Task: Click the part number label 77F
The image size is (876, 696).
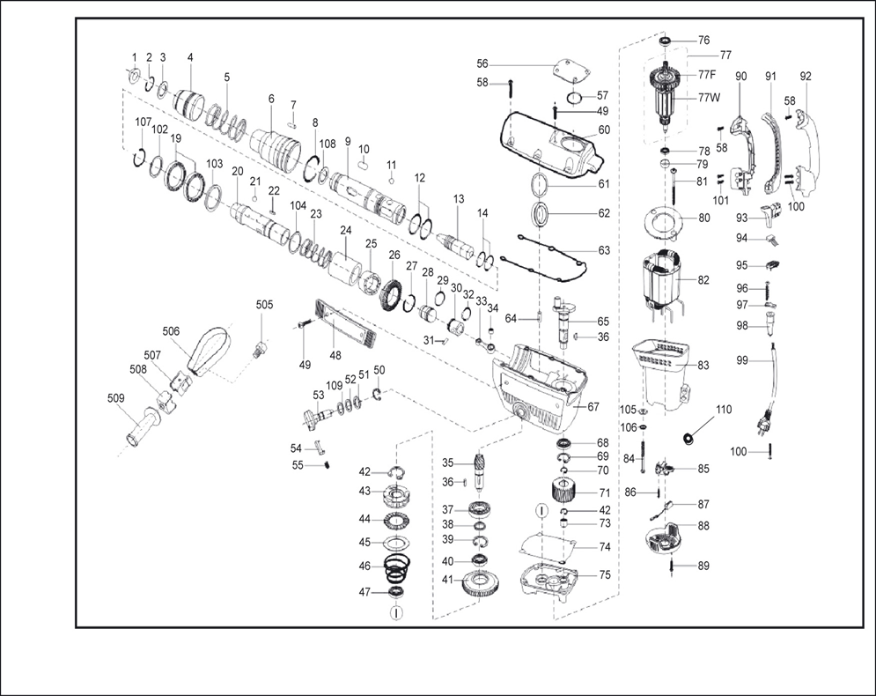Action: tap(707, 75)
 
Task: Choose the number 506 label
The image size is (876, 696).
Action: tap(171, 331)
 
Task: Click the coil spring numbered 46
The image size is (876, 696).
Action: tap(397, 568)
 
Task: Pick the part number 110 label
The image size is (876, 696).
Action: tap(724, 410)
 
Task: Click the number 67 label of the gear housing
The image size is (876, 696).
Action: tap(593, 406)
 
